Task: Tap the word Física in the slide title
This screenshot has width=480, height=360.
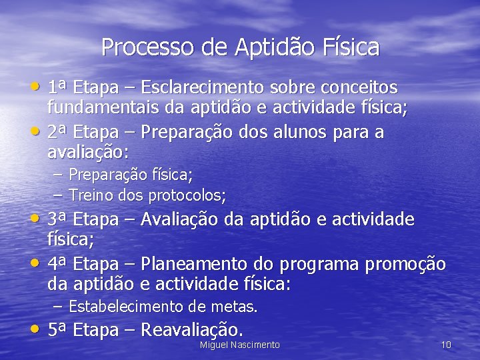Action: pyautogui.click(x=351, y=47)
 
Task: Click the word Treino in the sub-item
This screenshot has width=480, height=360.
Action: pyautogui.click(x=91, y=195)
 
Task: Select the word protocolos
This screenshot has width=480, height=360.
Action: pyautogui.click(x=187, y=196)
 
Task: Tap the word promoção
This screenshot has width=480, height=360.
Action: pyautogui.click(x=406, y=265)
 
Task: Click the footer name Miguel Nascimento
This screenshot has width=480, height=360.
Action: pyautogui.click(x=240, y=345)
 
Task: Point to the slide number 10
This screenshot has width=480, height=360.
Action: pyautogui.click(x=446, y=345)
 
